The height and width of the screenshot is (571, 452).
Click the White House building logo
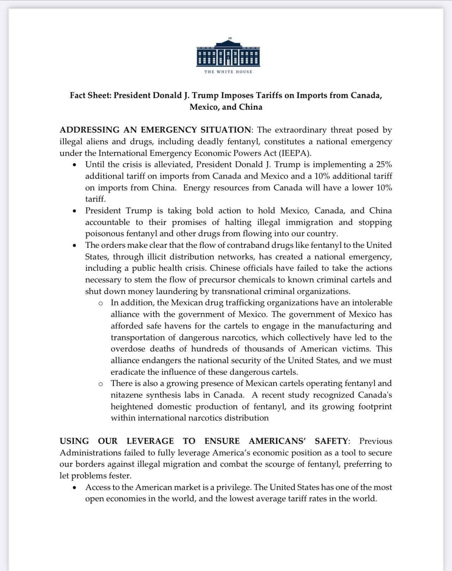pyautogui.click(x=228, y=53)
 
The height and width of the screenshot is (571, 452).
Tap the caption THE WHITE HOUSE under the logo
pyautogui.click(x=228, y=72)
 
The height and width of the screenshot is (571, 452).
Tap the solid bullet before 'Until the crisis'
pyautogui.click(x=74, y=165)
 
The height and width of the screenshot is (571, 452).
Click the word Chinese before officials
pyautogui.click(x=226, y=268)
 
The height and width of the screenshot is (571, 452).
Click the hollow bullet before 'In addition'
pyautogui.click(x=101, y=303)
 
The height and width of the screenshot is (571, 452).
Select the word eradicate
pyautogui.click(x=127, y=372)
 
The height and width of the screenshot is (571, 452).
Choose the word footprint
pyautogui.click(x=375, y=406)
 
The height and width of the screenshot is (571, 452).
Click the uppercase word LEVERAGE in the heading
pyautogui.click(x=150, y=441)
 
